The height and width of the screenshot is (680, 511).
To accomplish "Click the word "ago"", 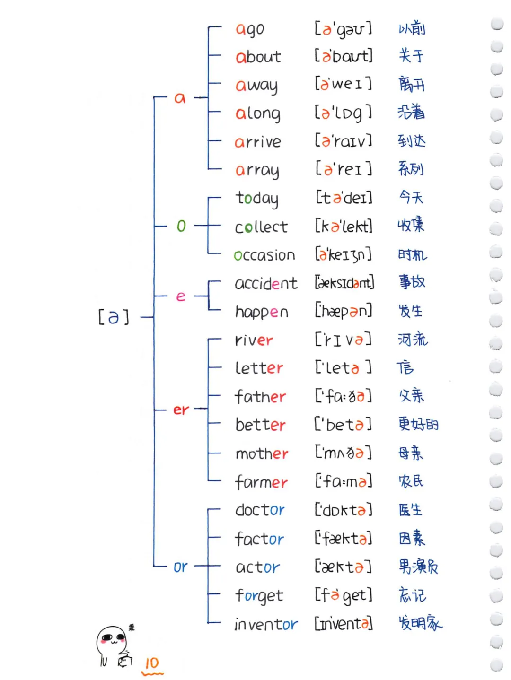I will [x=250, y=29].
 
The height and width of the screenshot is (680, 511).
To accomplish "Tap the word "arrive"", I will [x=258, y=142].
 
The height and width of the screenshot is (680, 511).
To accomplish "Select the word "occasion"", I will [x=264, y=255].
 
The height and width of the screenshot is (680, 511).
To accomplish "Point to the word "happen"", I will [x=262, y=312].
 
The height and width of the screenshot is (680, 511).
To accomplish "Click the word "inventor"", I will [x=266, y=625].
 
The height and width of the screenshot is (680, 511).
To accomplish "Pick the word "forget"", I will [x=259, y=596].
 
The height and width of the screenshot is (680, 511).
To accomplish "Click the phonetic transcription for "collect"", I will [x=344, y=227].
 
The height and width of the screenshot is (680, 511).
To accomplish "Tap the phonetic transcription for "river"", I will [x=344, y=340].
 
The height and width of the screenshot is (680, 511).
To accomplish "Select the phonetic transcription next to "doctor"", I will [x=344, y=510].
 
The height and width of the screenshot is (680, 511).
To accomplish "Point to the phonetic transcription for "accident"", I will [x=344, y=283].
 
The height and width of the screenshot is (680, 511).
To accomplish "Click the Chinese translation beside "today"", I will [x=411, y=197].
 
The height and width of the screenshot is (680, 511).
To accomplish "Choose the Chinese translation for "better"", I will [x=418, y=424].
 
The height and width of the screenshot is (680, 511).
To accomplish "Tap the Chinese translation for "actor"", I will [x=418, y=567].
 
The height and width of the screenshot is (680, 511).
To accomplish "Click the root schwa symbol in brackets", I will [x=114, y=317].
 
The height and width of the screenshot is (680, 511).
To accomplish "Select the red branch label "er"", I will [x=181, y=410].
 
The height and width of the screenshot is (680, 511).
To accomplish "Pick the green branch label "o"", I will [x=181, y=226].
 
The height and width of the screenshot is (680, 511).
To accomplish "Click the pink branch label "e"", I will [x=181, y=296].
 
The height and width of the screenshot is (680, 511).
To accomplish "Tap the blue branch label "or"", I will [x=180, y=567].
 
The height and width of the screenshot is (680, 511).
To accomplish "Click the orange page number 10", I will [x=152, y=663].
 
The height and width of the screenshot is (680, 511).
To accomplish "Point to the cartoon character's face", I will [x=112, y=639].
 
